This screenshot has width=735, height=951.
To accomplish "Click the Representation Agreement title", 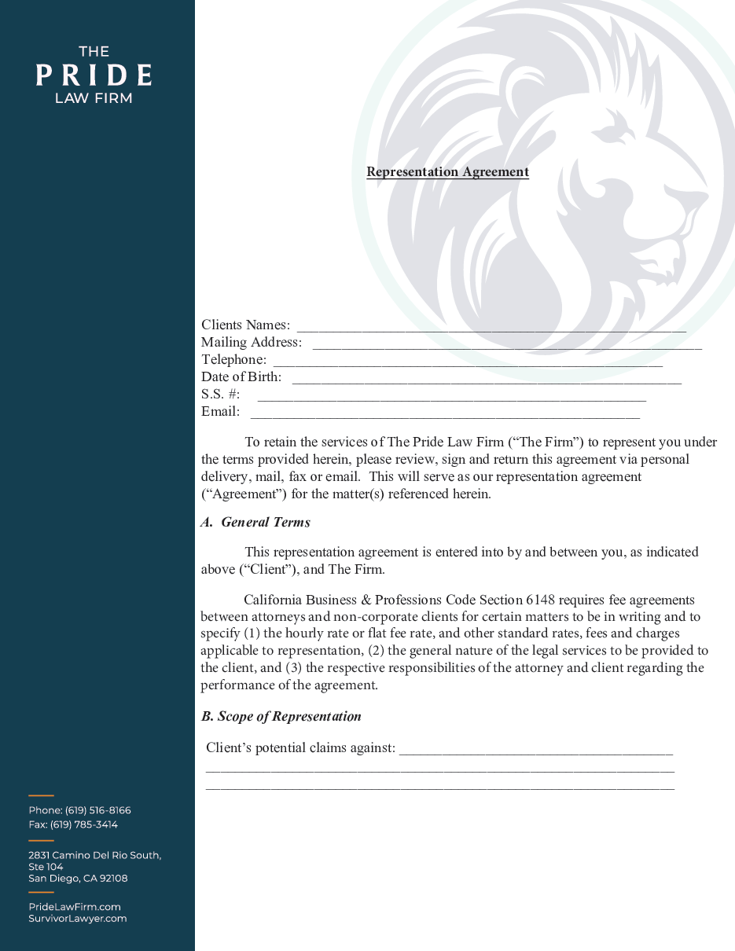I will tap(447, 172).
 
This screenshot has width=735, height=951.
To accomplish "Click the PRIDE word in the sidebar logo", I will tap(94, 75).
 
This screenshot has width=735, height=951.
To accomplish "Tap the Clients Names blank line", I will tap(491, 326).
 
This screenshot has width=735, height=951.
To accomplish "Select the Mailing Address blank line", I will tap(506, 343).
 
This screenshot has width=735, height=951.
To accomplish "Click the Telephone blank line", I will tap(467, 361).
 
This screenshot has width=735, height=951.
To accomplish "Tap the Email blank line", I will tap(444, 413).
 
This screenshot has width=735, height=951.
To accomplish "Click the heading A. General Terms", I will tap(255, 523).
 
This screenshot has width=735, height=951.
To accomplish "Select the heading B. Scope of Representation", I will tap(281, 717).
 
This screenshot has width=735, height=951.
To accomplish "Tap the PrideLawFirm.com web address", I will tap(75, 907).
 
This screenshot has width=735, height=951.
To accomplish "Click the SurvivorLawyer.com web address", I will tap(77, 919).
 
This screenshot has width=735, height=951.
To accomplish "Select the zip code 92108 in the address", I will tap(113, 879).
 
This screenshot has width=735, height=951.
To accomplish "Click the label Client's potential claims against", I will tap(300, 747).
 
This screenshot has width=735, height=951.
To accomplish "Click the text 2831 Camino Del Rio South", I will tap(94, 855).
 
